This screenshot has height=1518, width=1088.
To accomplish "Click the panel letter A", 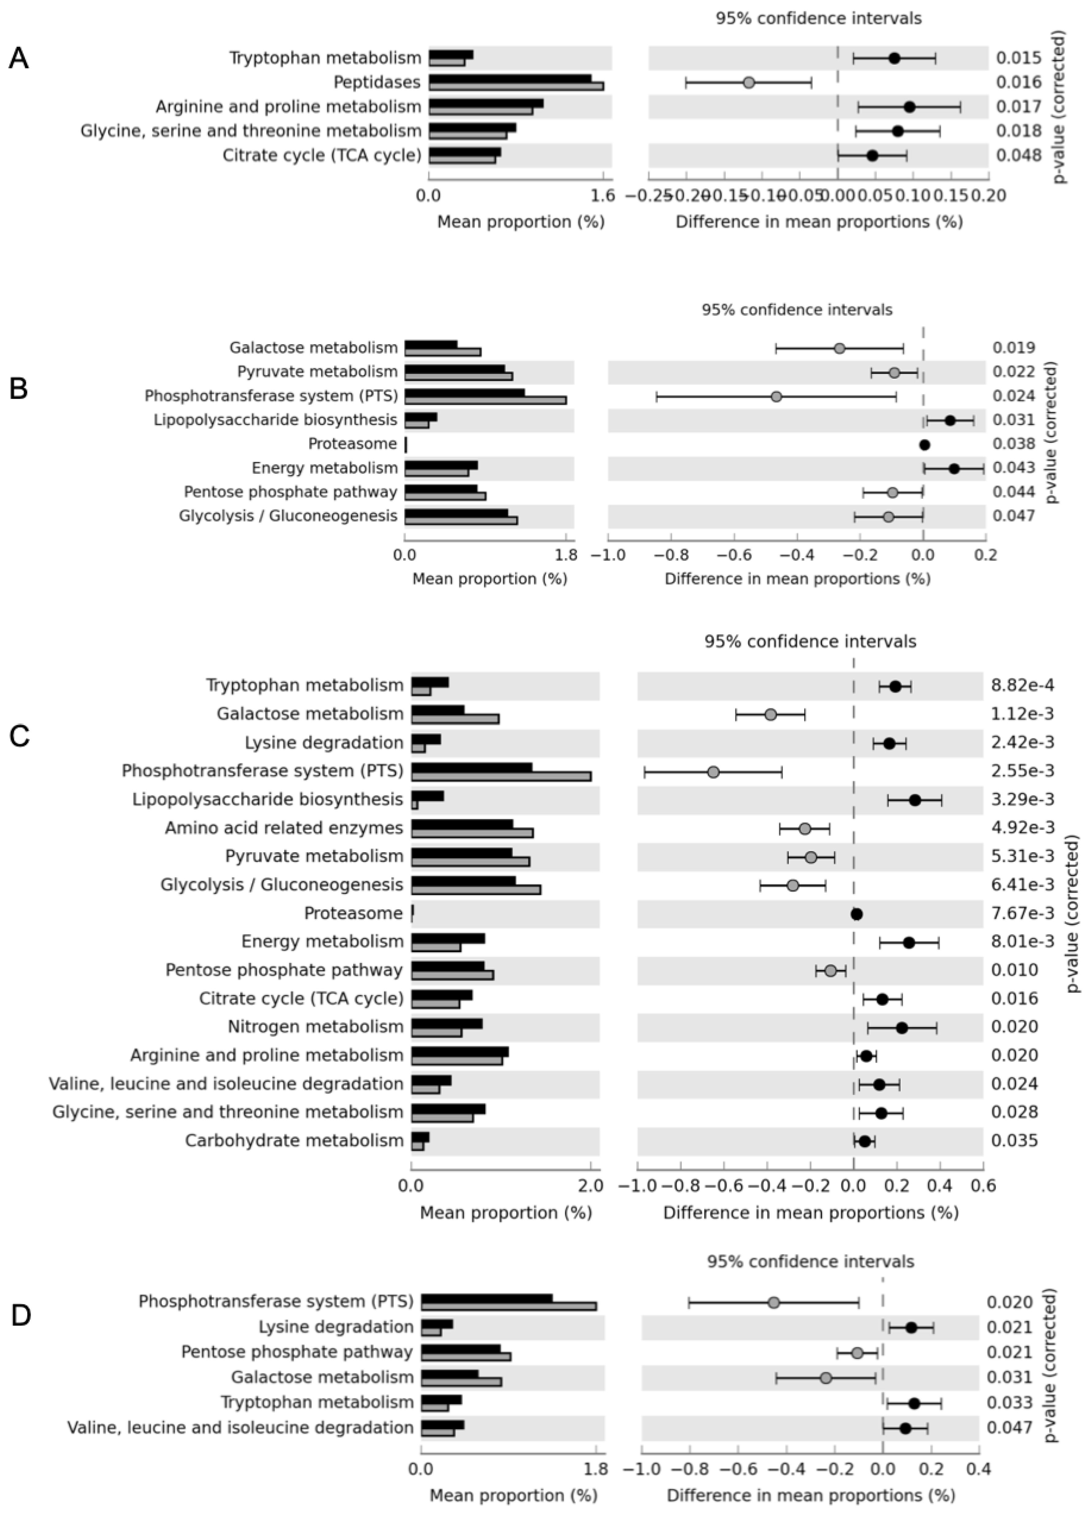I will click(x=19, y=59).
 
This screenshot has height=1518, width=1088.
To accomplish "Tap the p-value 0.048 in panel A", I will click(x=1018, y=155).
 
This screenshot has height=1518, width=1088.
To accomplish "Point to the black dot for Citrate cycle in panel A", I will click(x=872, y=155).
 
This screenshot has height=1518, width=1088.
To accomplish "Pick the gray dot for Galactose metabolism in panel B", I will click(x=839, y=348).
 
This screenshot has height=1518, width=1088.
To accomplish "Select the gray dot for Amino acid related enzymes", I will click(x=805, y=829).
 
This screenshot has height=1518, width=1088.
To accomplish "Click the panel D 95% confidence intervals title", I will click(x=810, y=1262).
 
